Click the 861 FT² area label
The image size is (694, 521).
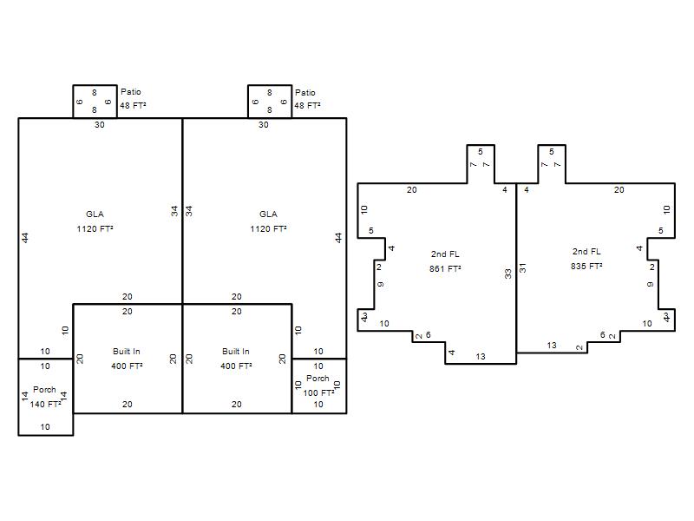(x=445, y=268)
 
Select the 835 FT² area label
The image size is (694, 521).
(x=586, y=266)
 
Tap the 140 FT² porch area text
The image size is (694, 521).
(x=46, y=404)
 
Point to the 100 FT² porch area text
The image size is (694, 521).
(x=318, y=392)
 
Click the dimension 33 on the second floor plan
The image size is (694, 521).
(x=508, y=274)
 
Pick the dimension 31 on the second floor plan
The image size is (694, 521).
(x=523, y=268)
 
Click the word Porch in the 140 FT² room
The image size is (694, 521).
(x=45, y=389)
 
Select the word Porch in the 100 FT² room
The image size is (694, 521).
(x=318, y=379)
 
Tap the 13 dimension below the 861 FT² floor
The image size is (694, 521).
(x=481, y=356)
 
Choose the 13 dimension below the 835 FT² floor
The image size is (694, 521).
(x=552, y=345)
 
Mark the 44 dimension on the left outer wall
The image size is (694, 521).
(x=25, y=238)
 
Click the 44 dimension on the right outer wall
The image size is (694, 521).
(x=338, y=238)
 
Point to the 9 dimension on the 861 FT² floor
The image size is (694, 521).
(x=381, y=284)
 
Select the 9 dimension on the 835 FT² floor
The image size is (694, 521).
(x=650, y=284)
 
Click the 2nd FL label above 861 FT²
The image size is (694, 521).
(x=445, y=254)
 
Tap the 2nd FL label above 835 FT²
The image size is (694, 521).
(x=586, y=251)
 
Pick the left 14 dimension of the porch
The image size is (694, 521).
(x=25, y=396)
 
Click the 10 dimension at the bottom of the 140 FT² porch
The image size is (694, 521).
(x=45, y=426)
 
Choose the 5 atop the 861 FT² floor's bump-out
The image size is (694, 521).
(x=481, y=151)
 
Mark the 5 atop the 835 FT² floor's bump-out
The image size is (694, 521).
(x=552, y=151)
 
